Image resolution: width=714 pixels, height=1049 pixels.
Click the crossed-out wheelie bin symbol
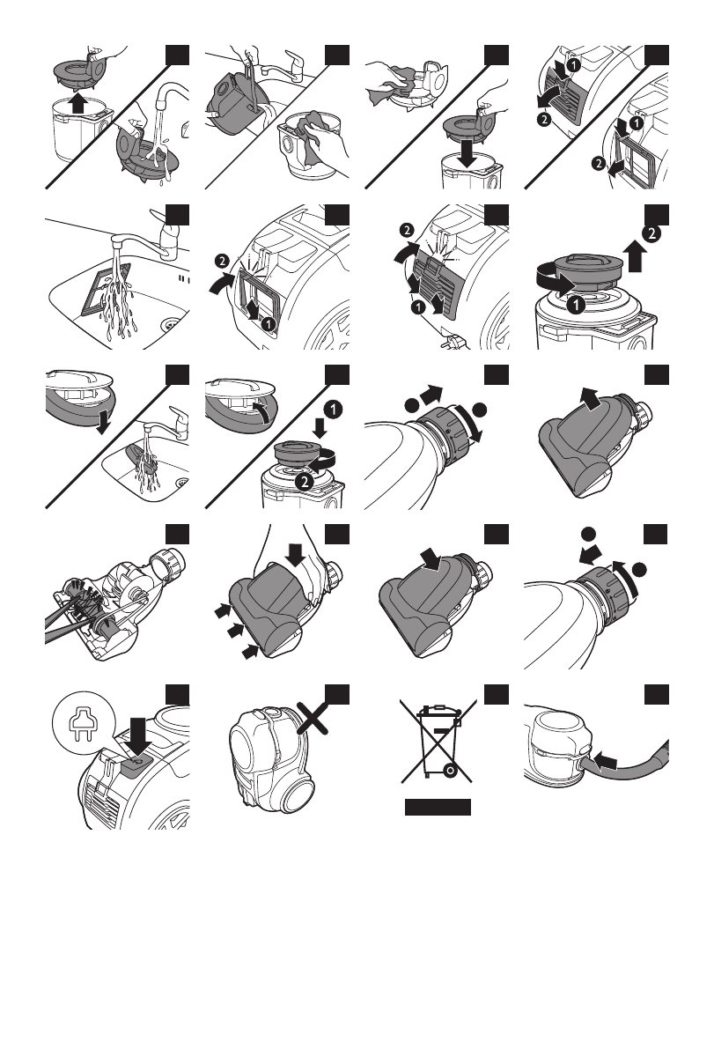click(438, 741)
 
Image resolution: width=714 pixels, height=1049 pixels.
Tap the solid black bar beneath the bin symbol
click(438, 808)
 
